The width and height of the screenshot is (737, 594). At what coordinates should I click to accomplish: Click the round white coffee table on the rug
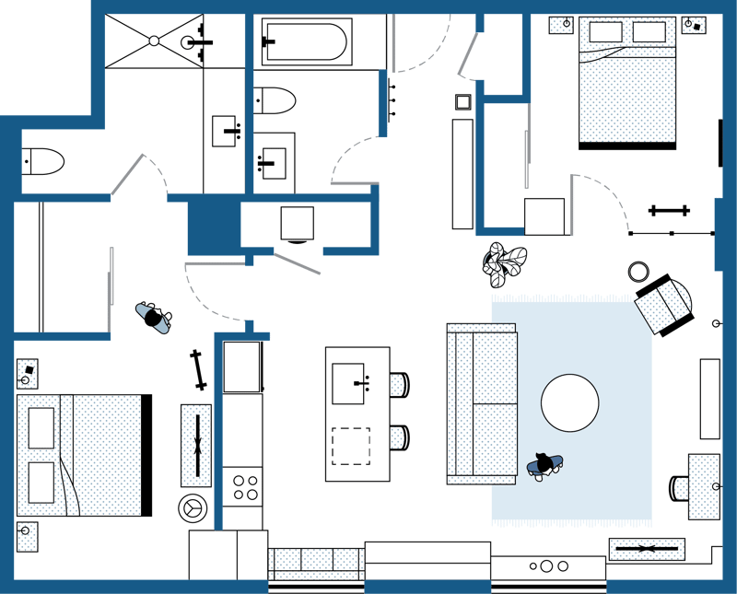pos(569,402)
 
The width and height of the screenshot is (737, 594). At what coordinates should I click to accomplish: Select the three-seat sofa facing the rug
pos(480,403)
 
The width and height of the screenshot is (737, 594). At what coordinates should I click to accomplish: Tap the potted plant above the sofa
pos(505,264)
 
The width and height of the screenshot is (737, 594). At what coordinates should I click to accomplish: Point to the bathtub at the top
pos(305,42)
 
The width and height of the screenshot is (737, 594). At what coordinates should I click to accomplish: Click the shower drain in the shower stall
pos(154,40)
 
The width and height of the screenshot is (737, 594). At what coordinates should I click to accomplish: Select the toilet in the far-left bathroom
pos(42,161)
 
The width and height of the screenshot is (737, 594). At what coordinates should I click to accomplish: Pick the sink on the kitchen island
pos(351,379)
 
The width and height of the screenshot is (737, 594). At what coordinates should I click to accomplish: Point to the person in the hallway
pos(154,317)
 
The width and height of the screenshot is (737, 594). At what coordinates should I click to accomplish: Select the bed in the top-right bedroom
pos(626,83)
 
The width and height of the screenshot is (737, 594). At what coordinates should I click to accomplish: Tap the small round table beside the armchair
pos(638,272)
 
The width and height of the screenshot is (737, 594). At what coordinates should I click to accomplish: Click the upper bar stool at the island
pos(400,384)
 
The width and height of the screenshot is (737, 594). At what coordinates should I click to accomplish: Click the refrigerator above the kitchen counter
pos(243,367)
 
